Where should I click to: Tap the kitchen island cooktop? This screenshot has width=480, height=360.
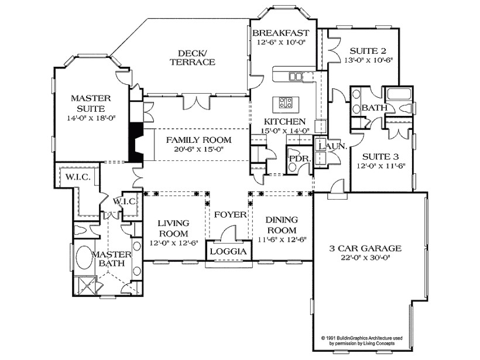click(x=286, y=103)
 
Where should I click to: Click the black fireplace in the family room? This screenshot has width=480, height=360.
click(x=136, y=143)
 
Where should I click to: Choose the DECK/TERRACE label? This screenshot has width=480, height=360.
click(x=192, y=57)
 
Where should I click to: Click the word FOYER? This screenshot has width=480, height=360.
click(x=230, y=215)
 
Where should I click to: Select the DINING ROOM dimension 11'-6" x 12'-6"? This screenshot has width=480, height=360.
click(x=282, y=239)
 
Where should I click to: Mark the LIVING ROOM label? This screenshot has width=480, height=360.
click(x=174, y=228)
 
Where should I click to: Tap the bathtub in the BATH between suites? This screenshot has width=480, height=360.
click(x=400, y=94)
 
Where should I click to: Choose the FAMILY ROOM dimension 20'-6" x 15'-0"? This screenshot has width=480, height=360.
click(x=198, y=149)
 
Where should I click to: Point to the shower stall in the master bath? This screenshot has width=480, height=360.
click(x=86, y=287)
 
